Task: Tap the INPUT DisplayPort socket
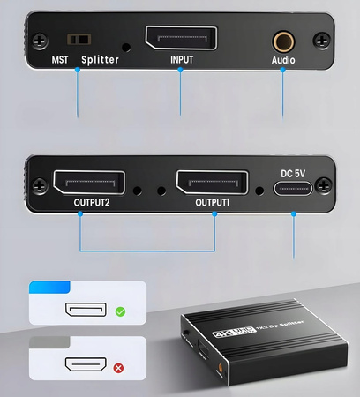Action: tap(180, 40)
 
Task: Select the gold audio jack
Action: tap(282, 40)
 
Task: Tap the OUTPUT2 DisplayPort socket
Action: tap(80, 184)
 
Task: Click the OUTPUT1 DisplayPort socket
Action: tap(215, 184)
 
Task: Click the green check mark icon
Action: tap(120, 311)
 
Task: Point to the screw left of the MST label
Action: tap(39, 39)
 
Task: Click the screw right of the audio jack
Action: tap(323, 39)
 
